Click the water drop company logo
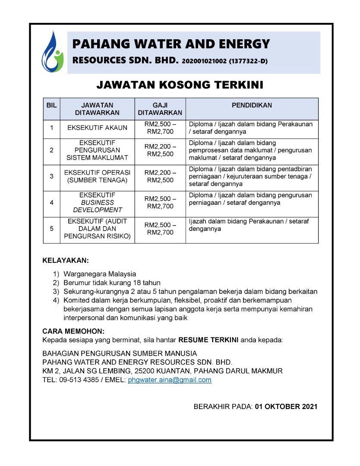[52, 51]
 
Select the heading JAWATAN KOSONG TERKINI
[180, 85]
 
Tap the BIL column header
[51, 105]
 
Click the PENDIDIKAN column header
[252, 105]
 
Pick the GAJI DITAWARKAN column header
[160, 109]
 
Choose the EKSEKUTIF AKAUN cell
[97, 128]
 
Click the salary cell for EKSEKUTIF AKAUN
[160, 128]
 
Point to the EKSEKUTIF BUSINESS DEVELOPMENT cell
[97, 202]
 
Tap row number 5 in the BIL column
[51, 229]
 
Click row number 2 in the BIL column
[51, 150]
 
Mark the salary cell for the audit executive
[160, 229]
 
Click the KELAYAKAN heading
[65, 261]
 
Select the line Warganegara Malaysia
[99, 274]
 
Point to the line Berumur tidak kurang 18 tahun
[112, 283]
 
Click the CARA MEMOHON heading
[73, 331]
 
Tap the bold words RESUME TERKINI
[208, 340]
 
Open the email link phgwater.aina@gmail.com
[170, 380]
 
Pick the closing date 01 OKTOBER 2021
[286, 406]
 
